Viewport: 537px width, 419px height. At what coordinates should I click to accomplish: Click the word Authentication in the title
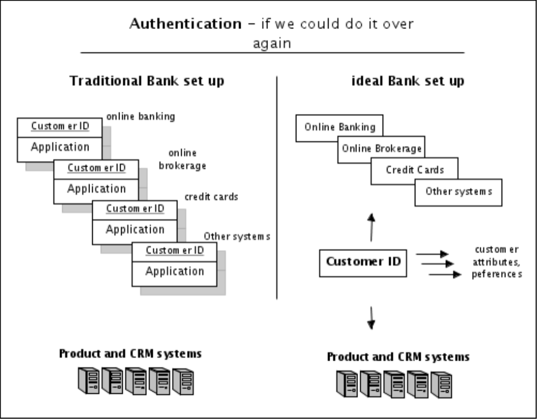tap(185, 25)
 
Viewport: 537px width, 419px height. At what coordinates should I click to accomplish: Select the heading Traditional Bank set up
tap(147, 82)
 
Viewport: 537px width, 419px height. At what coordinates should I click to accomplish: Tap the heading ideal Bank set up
tap(408, 82)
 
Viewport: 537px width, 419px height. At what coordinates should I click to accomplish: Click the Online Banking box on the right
tap(339, 128)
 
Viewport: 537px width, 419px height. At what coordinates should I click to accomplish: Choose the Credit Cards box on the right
tap(415, 170)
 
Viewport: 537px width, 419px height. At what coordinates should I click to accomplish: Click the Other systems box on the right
tap(458, 191)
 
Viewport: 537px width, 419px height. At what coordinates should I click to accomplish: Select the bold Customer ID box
tap(363, 262)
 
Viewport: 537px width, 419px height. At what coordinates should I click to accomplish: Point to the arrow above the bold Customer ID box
tap(371, 227)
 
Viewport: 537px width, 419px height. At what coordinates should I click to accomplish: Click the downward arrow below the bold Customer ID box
tap(371, 318)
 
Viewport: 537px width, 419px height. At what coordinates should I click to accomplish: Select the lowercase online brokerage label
tap(182, 159)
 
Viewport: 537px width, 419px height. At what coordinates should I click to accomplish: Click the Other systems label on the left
tap(237, 237)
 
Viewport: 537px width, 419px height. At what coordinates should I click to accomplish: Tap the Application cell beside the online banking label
tap(60, 147)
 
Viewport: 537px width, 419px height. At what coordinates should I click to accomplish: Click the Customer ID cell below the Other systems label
tap(175, 251)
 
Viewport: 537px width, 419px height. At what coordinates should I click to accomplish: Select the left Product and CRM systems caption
tap(130, 354)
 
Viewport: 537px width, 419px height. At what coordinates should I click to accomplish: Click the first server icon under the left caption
tap(88, 381)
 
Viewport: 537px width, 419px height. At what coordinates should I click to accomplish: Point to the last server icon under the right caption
tap(440, 384)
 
